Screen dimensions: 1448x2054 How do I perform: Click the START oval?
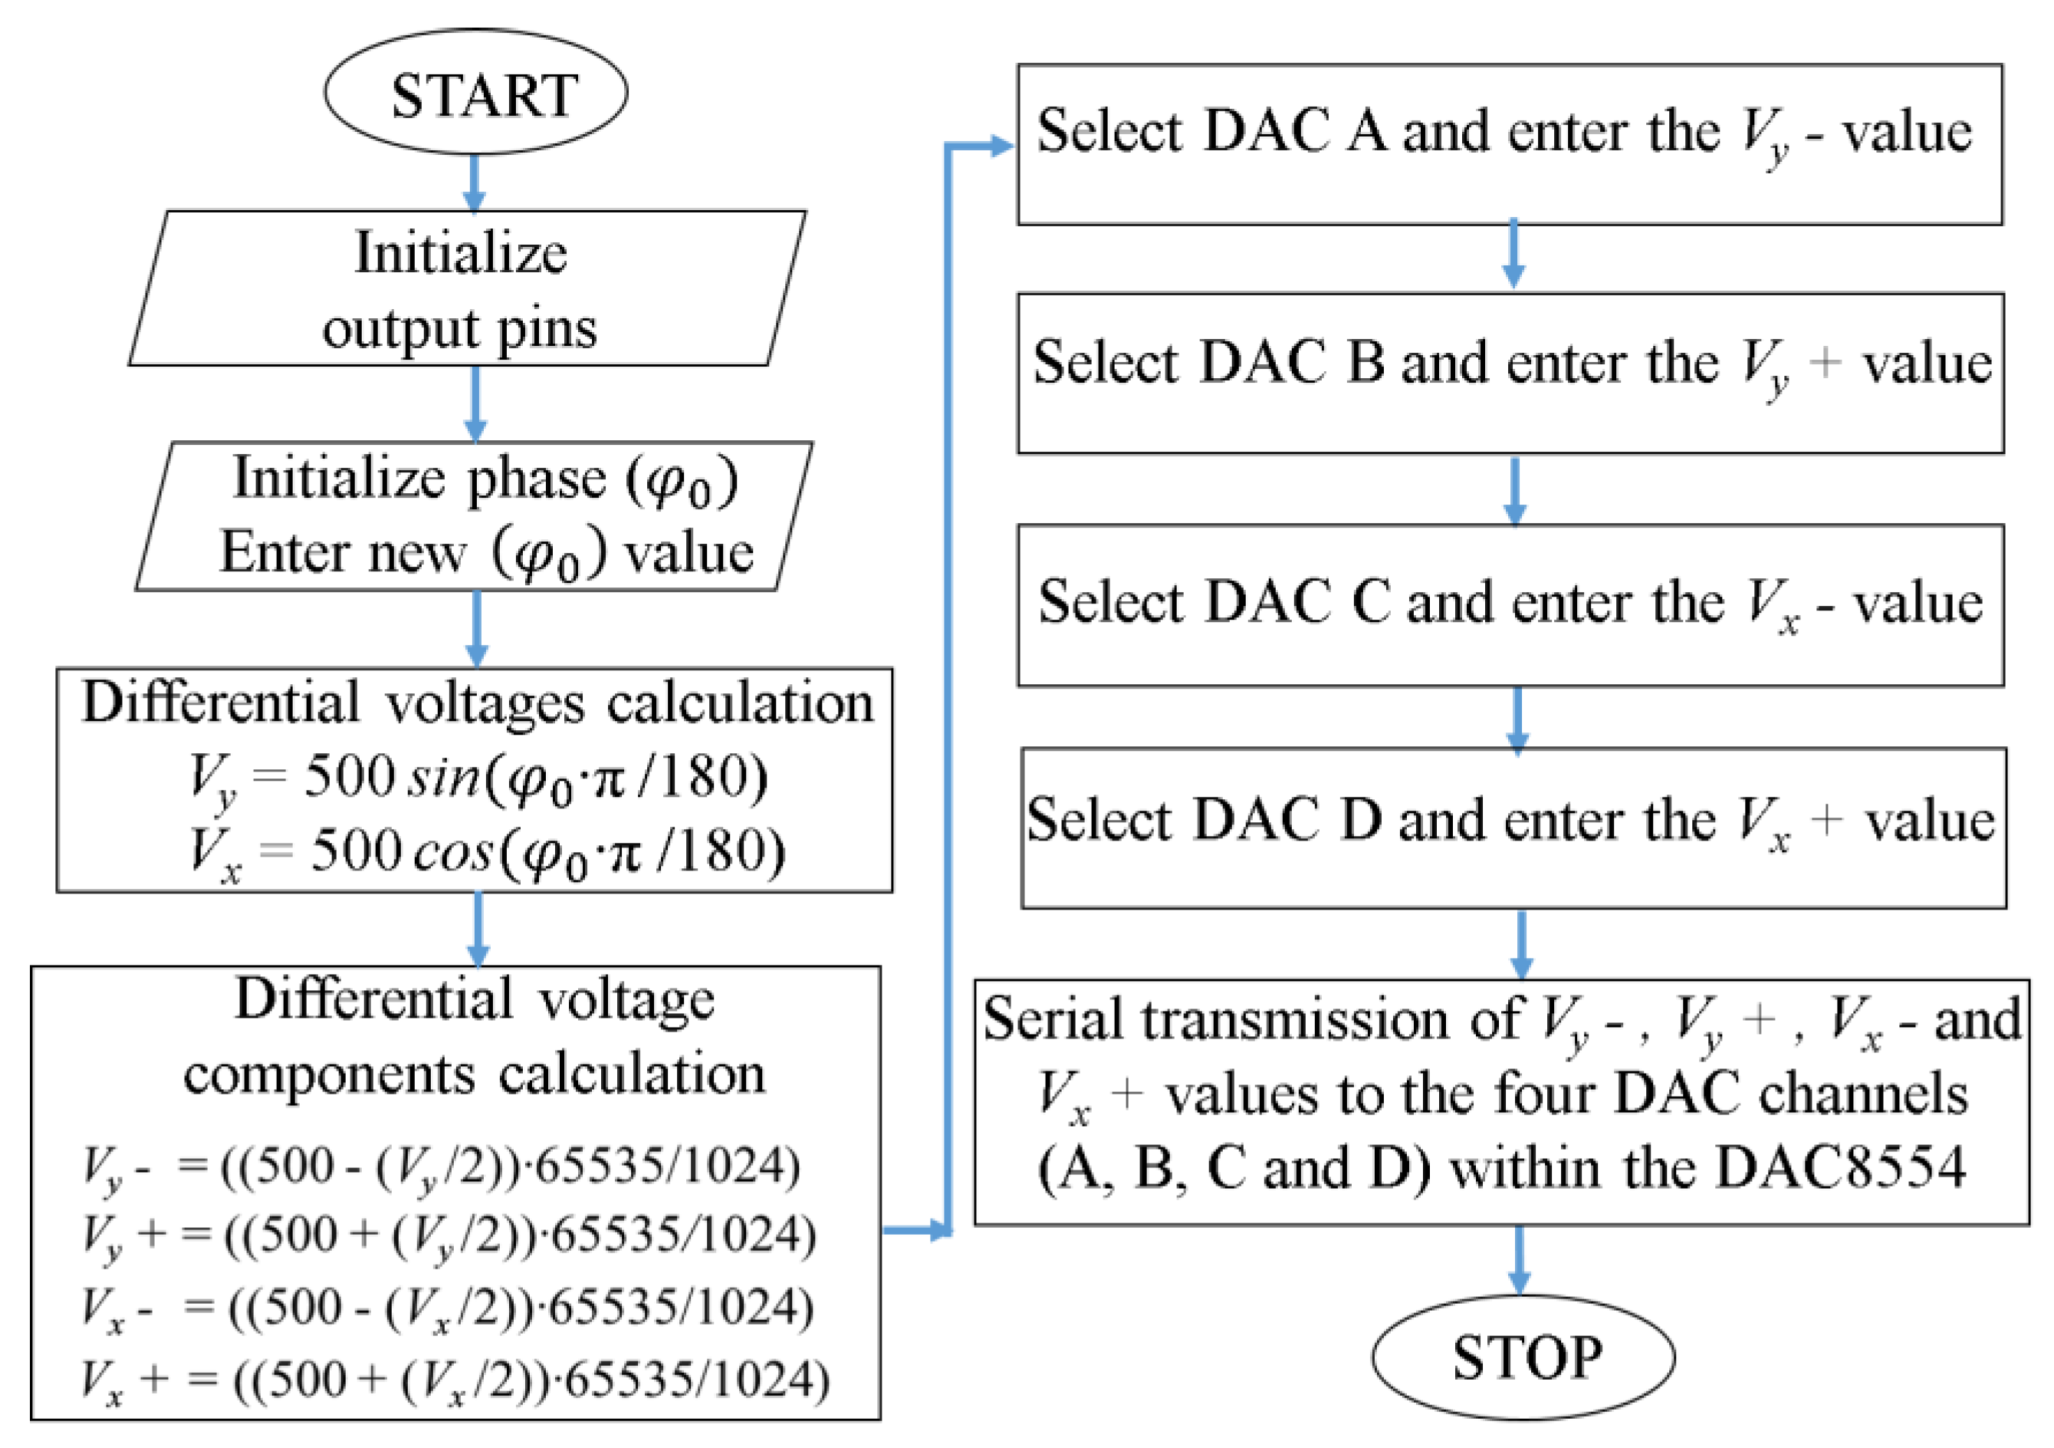coord(475,92)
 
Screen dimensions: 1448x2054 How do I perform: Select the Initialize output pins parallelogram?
coord(465,289)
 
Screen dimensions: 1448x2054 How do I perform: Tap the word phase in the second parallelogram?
coord(537,479)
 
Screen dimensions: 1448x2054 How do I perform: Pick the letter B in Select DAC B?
coord(1366,363)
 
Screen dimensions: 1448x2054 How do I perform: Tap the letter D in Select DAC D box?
coord(1361,819)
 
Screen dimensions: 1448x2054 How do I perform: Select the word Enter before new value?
coord(284,552)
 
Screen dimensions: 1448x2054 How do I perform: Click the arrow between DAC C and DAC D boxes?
coord(1517,719)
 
